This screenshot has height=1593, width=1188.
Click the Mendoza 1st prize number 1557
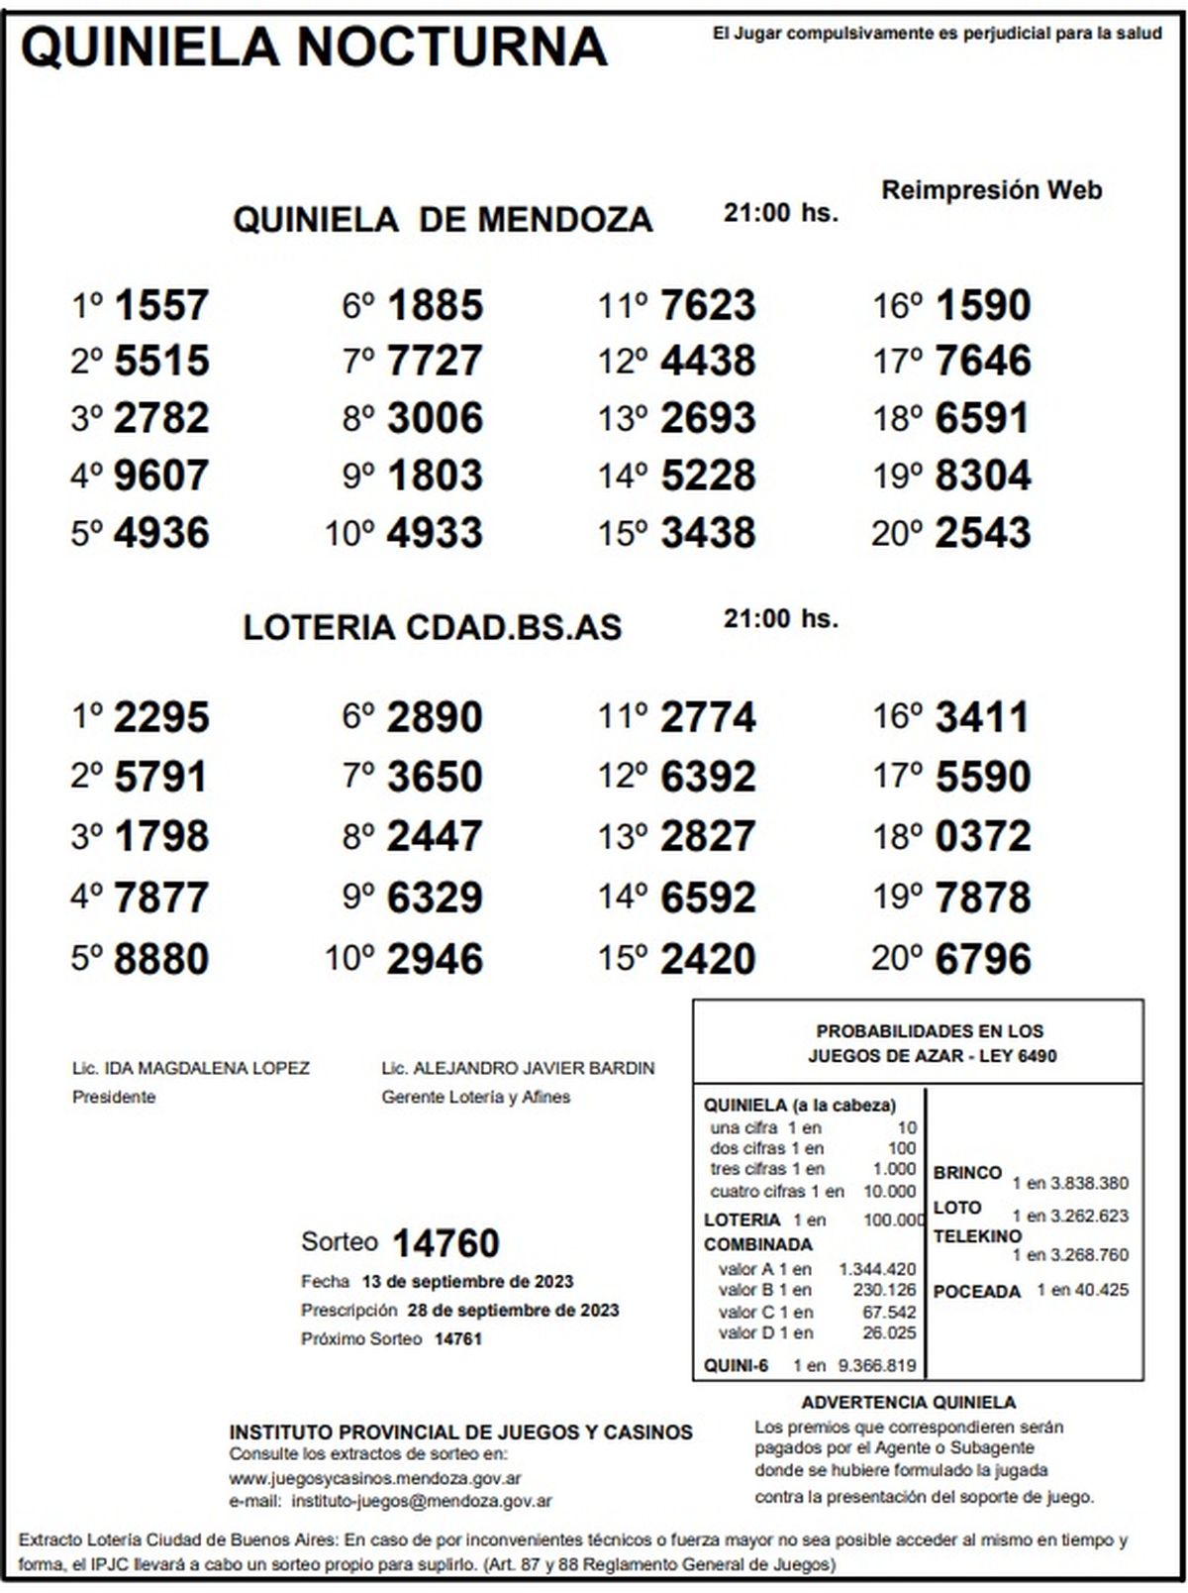coord(161,305)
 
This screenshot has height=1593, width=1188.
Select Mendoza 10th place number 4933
coord(435,533)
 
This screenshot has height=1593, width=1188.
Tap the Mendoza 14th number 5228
coord(708,476)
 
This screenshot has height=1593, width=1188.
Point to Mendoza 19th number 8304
coord(982,476)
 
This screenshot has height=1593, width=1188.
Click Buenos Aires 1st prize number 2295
coord(161,717)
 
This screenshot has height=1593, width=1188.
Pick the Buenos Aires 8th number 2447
coord(435,837)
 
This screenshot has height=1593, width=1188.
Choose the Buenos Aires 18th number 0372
coord(982,837)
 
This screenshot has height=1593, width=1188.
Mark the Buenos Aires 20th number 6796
coord(982,959)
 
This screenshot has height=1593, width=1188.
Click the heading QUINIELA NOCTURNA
coord(313,47)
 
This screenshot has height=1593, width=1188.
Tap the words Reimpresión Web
coord(992,190)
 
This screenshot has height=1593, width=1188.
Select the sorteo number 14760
coord(445,1243)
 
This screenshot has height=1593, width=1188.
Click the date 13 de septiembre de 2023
coord(467,1281)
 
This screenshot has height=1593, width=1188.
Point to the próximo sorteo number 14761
coord(458,1339)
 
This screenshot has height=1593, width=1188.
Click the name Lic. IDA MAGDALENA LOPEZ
coord(191,1068)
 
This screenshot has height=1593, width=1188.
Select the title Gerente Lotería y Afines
coord(476,1097)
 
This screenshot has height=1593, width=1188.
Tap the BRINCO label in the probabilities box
coord(967,1173)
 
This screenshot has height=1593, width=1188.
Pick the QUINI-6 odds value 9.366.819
coord(877,1365)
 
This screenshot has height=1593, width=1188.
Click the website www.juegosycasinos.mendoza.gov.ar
coord(375,1478)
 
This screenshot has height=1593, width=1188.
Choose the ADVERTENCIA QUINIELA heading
coord(908,1402)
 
